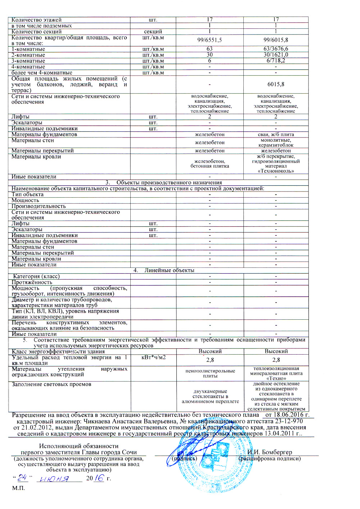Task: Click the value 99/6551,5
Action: point(210,40)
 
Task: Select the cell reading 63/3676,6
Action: point(276,49)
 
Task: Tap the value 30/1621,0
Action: point(276,55)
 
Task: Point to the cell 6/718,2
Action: point(276,60)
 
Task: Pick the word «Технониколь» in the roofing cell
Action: point(276,171)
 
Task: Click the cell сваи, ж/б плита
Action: point(276,134)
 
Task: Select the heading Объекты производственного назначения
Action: point(169,183)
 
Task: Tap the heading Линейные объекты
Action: point(169,270)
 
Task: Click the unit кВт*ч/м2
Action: point(153,357)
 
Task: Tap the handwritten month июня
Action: point(54,479)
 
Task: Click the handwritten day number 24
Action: point(22,478)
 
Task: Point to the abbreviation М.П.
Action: point(18,488)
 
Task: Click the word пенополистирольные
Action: point(210,371)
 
